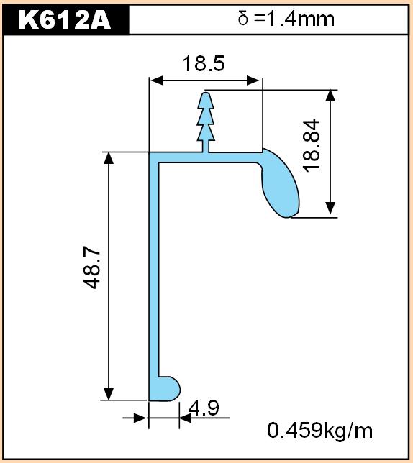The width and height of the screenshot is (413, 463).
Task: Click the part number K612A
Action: click(x=65, y=20)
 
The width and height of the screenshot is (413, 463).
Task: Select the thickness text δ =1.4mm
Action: click(x=286, y=19)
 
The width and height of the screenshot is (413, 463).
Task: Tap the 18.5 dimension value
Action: click(x=204, y=63)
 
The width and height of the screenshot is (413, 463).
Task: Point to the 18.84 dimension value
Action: click(x=312, y=145)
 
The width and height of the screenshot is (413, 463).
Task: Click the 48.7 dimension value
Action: click(x=91, y=269)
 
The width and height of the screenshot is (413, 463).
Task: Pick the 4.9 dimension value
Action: click(x=204, y=408)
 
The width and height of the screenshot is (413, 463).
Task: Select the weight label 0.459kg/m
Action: click(x=320, y=430)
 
